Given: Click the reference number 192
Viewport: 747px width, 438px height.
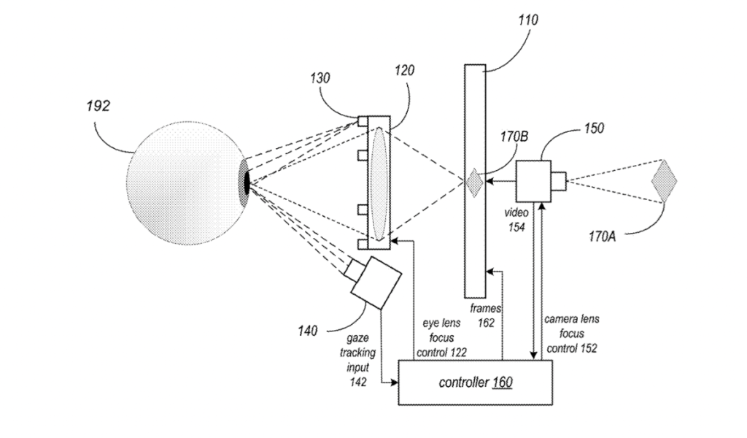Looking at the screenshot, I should [x=97, y=106].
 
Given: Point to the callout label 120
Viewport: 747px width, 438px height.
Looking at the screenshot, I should [x=403, y=71].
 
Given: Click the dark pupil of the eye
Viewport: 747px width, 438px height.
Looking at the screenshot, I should [x=247, y=180].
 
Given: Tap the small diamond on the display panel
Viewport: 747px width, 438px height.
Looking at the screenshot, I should [x=474, y=182].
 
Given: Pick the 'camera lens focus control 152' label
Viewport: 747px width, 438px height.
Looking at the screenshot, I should [x=572, y=334].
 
